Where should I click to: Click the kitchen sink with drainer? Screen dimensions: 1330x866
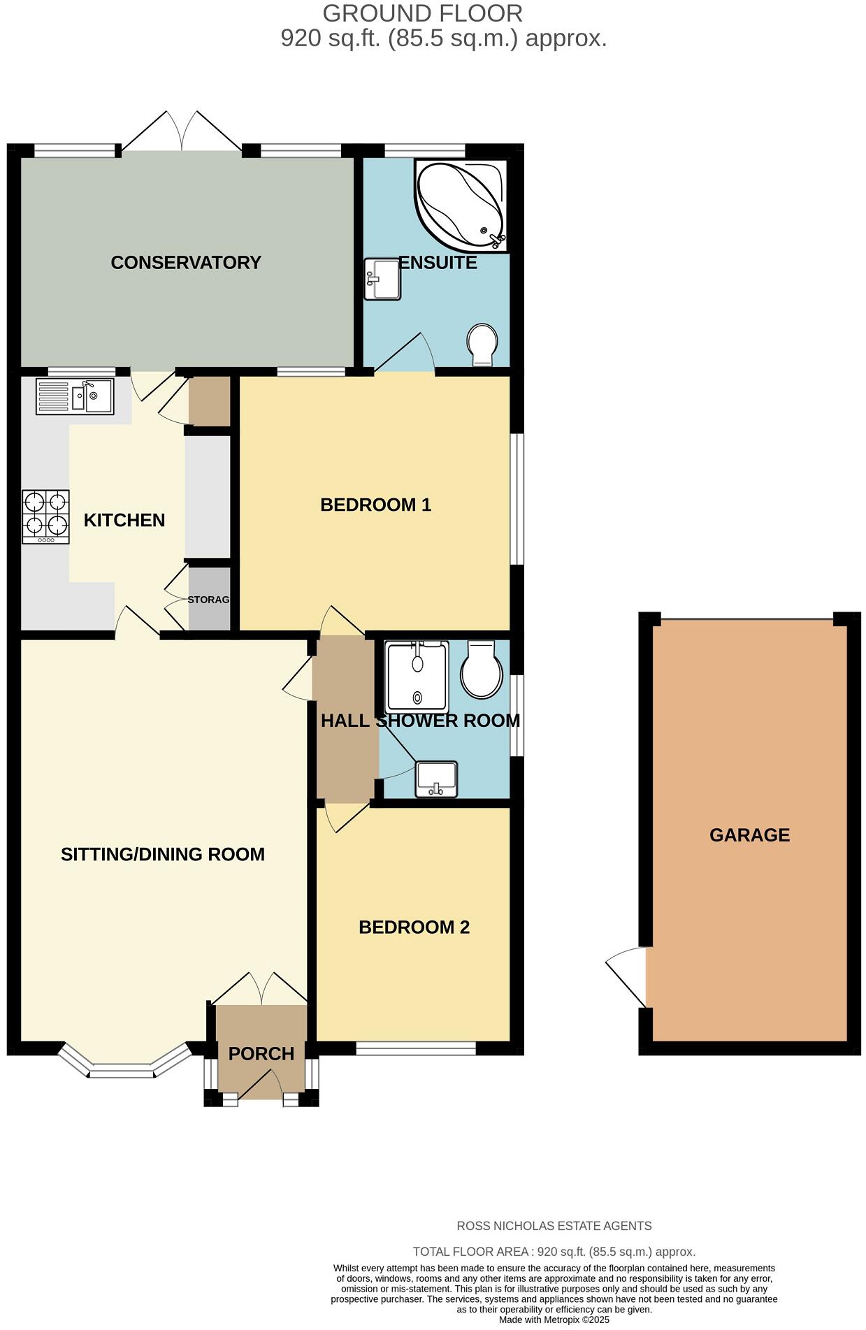(x=75, y=396)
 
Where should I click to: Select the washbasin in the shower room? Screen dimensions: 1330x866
(x=436, y=779)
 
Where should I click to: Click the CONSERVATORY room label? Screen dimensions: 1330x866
(x=186, y=263)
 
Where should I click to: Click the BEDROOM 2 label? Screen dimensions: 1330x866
(x=414, y=927)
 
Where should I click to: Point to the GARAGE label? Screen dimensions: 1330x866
(x=749, y=835)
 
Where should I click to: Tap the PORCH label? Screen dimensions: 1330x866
(x=261, y=1053)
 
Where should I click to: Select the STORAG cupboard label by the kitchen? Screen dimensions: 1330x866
(x=208, y=600)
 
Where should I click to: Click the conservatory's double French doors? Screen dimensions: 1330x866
(x=182, y=133)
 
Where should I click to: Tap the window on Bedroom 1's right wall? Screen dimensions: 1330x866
(x=517, y=498)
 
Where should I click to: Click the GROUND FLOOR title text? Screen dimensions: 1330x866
(x=422, y=13)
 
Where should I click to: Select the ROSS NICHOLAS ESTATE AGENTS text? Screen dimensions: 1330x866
(x=554, y=1226)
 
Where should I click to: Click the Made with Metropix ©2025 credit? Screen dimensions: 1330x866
(x=554, y=1320)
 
